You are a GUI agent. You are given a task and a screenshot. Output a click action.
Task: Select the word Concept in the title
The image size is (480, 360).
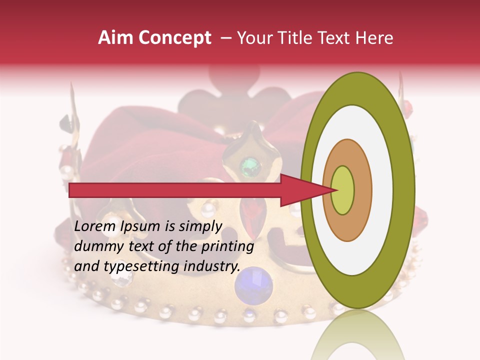tap(174, 38)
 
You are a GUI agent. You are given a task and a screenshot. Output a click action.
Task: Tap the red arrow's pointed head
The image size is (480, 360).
tap(305, 190)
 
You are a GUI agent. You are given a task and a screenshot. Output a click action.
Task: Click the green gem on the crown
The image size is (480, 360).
tap(250, 165)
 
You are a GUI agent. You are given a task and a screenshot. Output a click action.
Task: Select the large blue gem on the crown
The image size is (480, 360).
tap(253, 283)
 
